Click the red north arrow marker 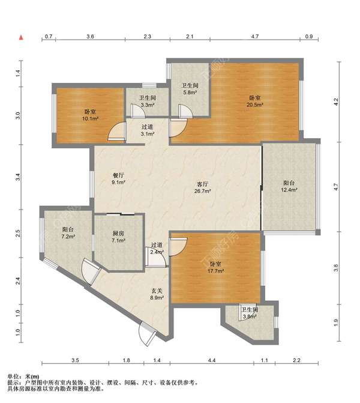[x=22, y=37]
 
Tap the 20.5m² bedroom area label [x=255, y=102]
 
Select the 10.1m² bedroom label [x=91, y=115]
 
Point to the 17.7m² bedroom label [x=215, y=267]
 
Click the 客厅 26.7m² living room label [x=203, y=187]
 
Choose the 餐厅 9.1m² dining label [x=118, y=179]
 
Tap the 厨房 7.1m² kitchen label [x=118, y=237]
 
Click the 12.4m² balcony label [x=289, y=186]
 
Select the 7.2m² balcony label [x=68, y=233]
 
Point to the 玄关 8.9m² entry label [x=157, y=294]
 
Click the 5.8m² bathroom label [x=190, y=89]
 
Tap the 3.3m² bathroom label [x=148, y=102]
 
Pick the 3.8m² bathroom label [x=250, y=313]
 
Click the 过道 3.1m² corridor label [x=148, y=130]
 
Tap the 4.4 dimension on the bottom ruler [x=212, y=360]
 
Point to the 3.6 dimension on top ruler [x=90, y=37]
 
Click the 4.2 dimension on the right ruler [x=336, y=102]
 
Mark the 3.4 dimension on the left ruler [x=18, y=177]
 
